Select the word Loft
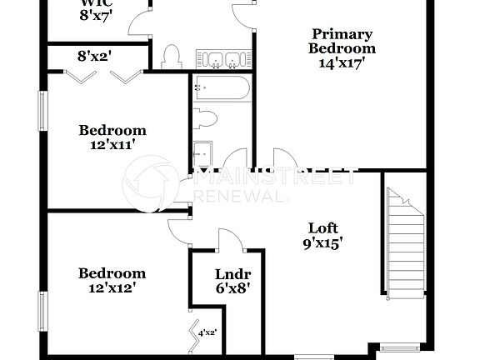coord(325,227)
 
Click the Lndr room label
coord(233,274)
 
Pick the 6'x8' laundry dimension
coord(233,289)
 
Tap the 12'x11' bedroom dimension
coord(112,144)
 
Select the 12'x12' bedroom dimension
coord(112,287)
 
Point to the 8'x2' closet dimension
coord(94,57)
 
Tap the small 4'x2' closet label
coord(207,333)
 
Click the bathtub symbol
coord(221,90)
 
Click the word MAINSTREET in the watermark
coord(275,177)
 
